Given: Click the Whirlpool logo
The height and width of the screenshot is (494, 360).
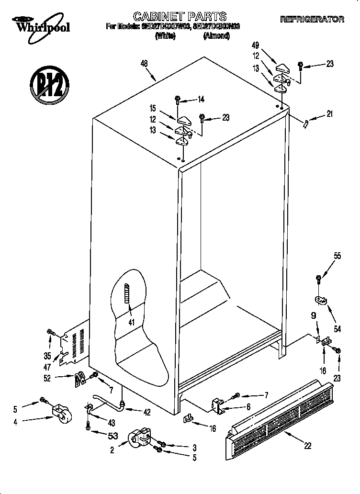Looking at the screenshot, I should click(x=41, y=24).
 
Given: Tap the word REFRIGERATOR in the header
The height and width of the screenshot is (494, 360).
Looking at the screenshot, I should click(x=312, y=19).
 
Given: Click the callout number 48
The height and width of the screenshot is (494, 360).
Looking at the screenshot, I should click(x=145, y=63).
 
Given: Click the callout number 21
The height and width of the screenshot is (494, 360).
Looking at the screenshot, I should click(x=329, y=114).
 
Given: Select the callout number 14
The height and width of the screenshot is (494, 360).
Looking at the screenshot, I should click(x=201, y=100).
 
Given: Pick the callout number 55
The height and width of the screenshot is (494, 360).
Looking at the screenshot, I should click(x=337, y=256).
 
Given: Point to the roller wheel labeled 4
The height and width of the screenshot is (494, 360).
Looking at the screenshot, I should click(x=61, y=413).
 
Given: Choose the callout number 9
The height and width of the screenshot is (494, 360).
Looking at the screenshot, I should click(x=314, y=316).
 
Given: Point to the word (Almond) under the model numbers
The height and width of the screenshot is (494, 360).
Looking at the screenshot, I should click(x=216, y=36).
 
